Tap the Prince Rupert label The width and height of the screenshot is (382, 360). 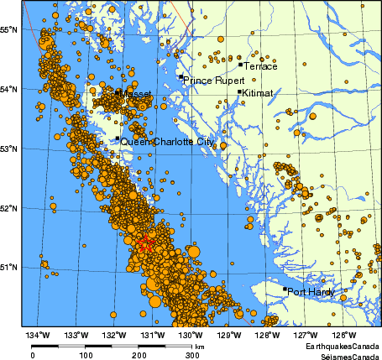(x=210, y=81)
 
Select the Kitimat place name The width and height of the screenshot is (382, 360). (x=258, y=94)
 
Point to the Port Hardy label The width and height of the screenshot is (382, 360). (x=311, y=292)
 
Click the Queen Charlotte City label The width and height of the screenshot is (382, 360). (x=167, y=143)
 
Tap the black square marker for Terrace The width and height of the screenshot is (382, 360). (x=240, y=64)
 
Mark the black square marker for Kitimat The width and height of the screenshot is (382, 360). (x=239, y=92)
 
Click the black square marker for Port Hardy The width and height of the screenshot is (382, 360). (x=285, y=290)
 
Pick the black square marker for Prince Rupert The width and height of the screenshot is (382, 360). (x=180, y=77)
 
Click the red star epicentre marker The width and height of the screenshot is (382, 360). (x=144, y=244)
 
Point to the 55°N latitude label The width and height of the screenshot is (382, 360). (x=8, y=30)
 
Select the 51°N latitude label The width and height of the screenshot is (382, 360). (x=8, y=267)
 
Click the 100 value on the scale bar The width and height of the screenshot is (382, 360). (x=86, y=355)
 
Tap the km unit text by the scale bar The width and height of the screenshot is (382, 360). (x=200, y=346)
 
